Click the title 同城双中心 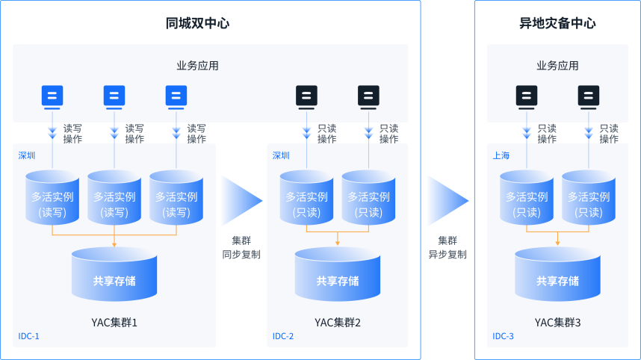(x=197, y=23)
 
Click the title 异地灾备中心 (x=557, y=23)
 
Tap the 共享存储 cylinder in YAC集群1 (x=114, y=277)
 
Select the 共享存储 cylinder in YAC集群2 (x=338, y=277)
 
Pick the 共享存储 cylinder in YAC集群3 (x=557, y=277)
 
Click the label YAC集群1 (x=114, y=323)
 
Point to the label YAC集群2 (x=338, y=323)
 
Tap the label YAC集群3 (x=557, y=323)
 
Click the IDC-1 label (x=28, y=336)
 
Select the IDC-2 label (x=282, y=336)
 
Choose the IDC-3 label (x=503, y=336)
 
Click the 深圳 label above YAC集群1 (x=27, y=156)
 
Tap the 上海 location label (x=501, y=156)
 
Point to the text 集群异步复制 (x=447, y=247)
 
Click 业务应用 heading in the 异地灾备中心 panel (x=557, y=66)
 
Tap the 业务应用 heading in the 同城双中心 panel (x=197, y=66)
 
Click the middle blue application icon (x=114, y=96)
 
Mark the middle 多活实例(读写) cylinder (x=114, y=198)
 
